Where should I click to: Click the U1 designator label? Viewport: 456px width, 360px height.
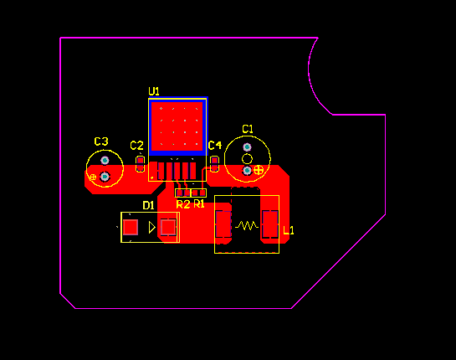click(154, 91)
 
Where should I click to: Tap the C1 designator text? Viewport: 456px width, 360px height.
click(248, 129)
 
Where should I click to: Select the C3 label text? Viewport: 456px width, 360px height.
click(101, 141)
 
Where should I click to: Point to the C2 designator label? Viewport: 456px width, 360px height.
click(136, 145)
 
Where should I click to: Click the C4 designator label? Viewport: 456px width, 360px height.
click(215, 145)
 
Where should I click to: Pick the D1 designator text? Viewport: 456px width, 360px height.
click(148, 205)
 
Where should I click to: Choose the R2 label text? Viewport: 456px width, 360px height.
click(183, 204)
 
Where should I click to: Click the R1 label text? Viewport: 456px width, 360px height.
click(199, 204)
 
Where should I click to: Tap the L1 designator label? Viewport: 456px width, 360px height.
click(289, 230)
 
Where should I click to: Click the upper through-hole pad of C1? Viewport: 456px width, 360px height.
click(247, 147)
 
